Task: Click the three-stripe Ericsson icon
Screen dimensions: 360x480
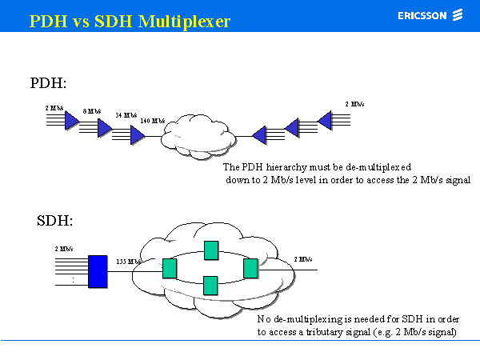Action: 458,15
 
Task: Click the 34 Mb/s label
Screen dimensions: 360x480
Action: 126,116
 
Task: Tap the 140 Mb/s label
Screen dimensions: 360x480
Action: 152,122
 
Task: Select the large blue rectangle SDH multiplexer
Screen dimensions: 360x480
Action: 98,270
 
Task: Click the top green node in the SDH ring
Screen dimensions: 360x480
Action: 211,250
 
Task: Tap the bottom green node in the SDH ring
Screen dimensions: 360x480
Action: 211,285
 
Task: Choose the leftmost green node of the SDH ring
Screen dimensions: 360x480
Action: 169,268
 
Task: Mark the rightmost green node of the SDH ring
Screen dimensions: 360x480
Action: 250,268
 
